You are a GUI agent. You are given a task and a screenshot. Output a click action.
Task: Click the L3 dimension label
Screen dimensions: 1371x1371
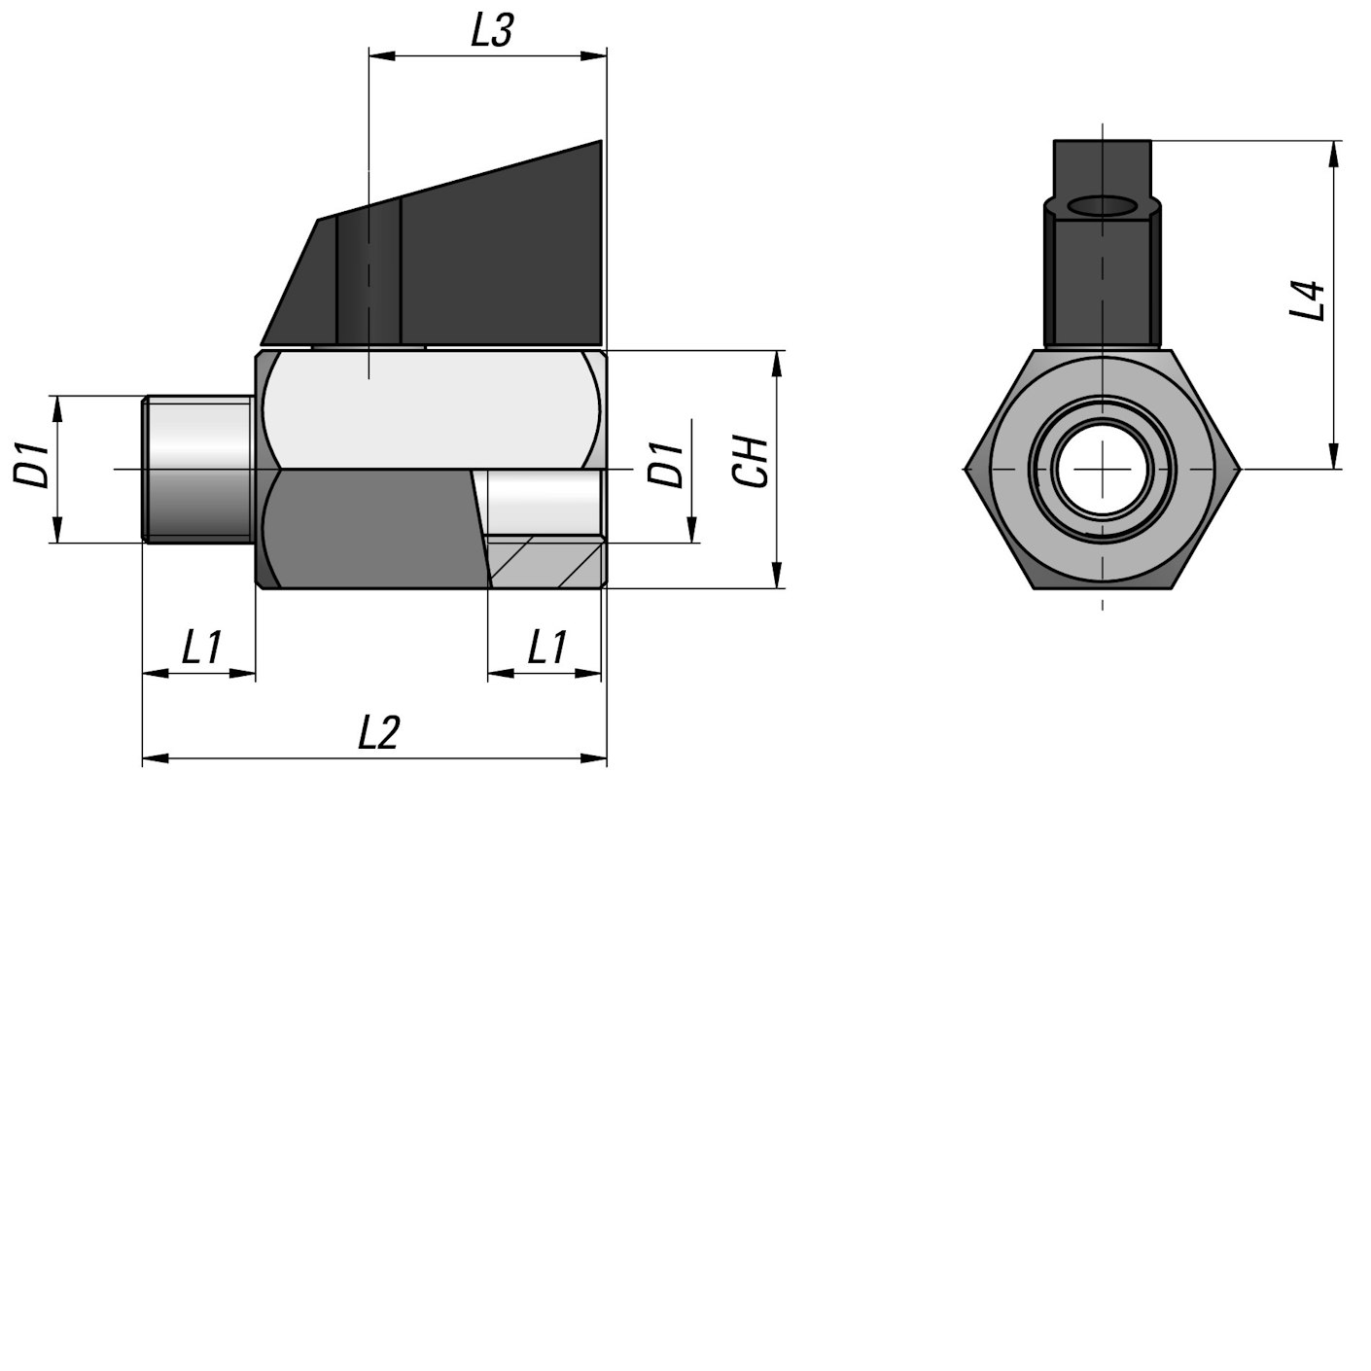point(491,31)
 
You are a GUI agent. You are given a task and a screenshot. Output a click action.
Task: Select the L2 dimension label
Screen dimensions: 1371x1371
point(378,732)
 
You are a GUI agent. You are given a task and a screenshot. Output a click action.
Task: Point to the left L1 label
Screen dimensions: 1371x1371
point(201,648)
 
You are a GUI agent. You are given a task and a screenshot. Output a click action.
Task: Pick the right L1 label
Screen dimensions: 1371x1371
point(546,648)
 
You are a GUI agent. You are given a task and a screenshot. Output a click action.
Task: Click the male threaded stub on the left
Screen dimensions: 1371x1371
point(198,469)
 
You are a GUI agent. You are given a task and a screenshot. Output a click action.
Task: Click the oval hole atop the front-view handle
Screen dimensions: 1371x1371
point(1103,206)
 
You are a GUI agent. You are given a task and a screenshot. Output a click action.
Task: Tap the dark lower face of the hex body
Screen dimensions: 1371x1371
point(369,530)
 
